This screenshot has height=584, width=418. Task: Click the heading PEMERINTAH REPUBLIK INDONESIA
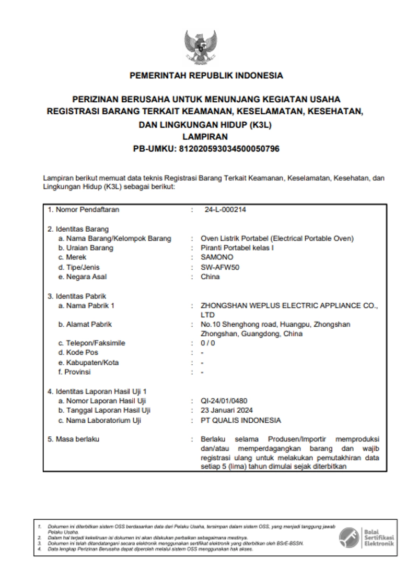coord(206,76)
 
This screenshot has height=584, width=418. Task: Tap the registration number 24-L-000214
coord(225,210)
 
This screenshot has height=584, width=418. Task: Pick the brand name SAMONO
coord(217,258)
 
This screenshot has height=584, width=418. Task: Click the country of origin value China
coord(210,277)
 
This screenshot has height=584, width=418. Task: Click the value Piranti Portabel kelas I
coord(237,248)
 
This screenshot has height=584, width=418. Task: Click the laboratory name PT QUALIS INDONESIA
coord(241,421)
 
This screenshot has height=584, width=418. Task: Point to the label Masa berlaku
coord(77,439)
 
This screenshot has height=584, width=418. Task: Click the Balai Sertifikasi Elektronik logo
coord(366,537)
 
